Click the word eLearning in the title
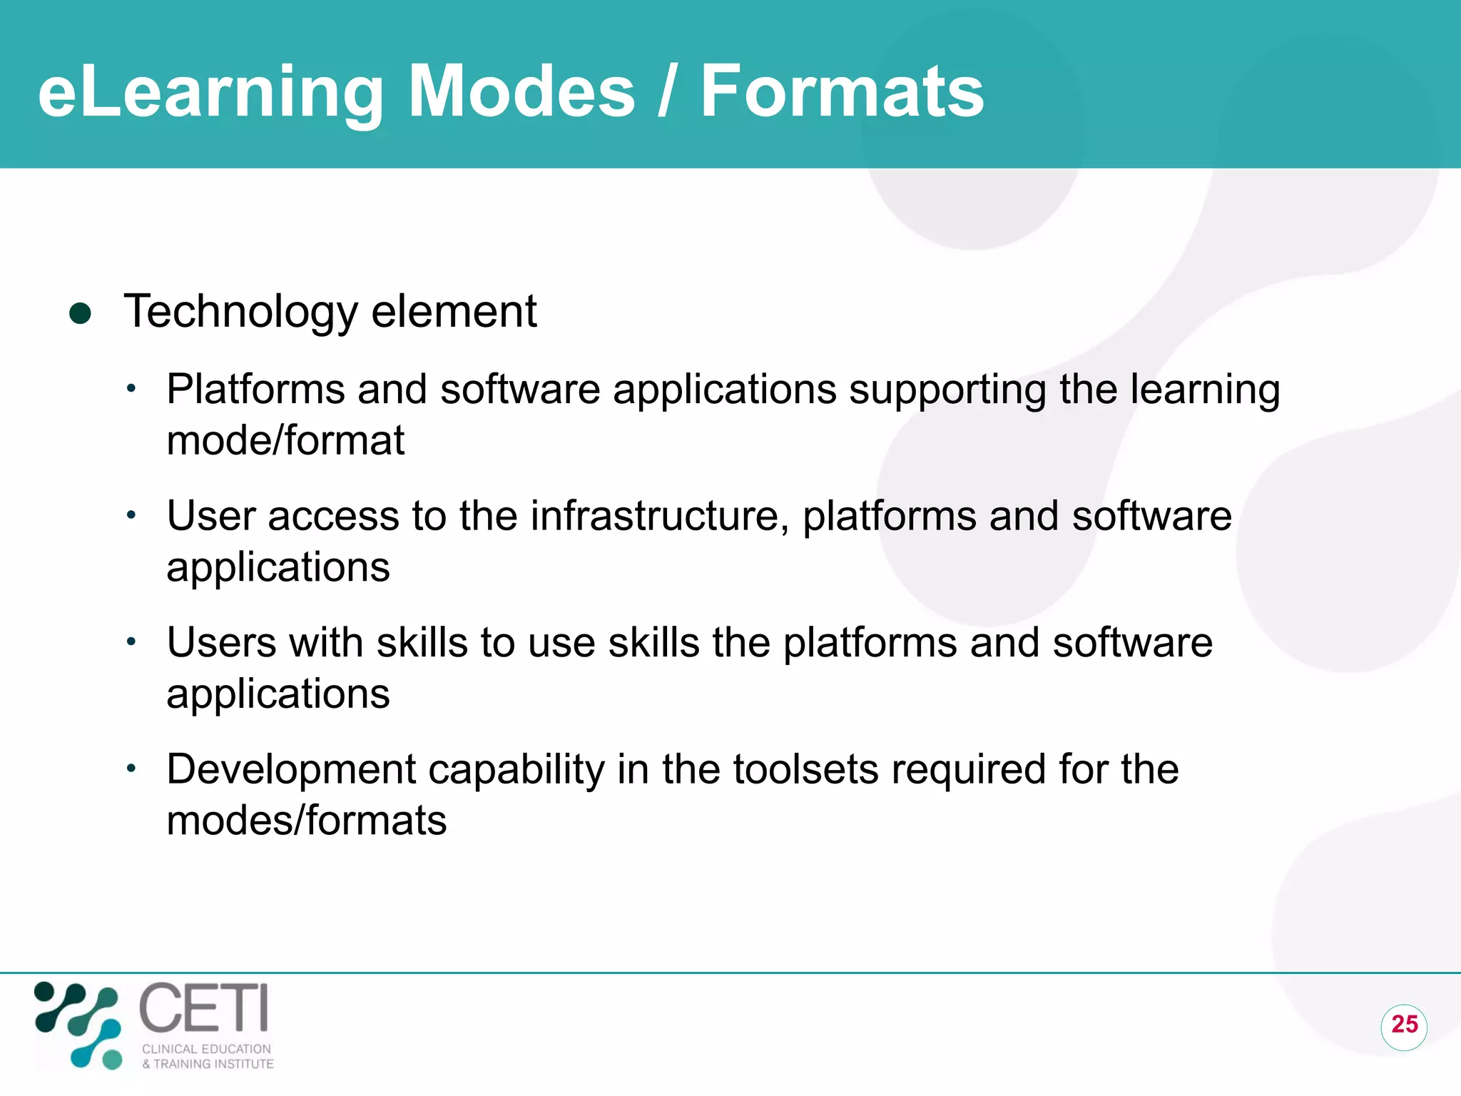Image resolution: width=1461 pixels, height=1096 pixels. coord(211,93)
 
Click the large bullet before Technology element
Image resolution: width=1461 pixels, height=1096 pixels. coord(81,313)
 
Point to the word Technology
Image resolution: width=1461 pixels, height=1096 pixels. coord(240,312)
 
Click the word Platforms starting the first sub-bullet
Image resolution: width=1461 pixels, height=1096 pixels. coord(255,390)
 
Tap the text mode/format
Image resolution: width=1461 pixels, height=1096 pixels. coord(285,440)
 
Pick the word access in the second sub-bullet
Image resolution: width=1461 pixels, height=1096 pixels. coord(333,517)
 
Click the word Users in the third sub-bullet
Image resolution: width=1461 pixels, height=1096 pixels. coord(221,642)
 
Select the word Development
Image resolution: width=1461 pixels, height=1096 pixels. coord(291,770)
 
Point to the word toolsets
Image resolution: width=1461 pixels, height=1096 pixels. coord(805,769)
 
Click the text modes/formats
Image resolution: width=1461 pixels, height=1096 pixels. coord(307,821)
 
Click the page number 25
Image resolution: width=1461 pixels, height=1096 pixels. coord(1404,1025)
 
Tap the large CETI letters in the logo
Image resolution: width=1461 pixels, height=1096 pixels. coord(204,1008)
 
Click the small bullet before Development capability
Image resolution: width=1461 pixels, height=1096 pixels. coord(131,769)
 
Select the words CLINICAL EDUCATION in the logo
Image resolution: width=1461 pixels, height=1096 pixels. coord(207,1049)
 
